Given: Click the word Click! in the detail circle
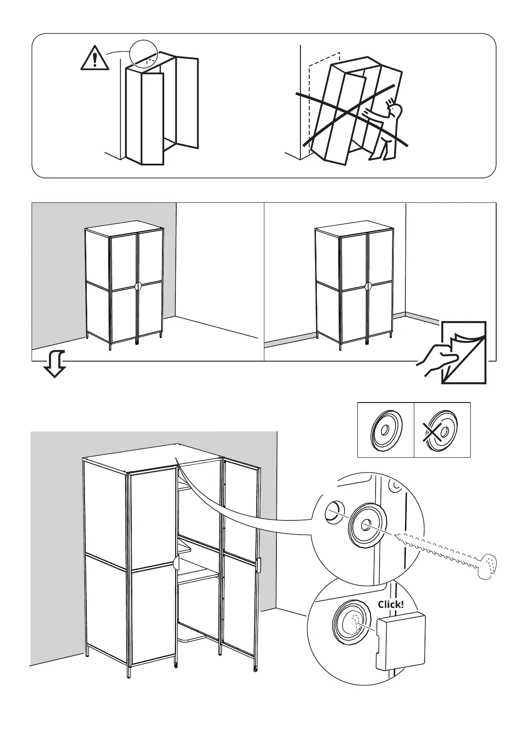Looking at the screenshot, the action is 391,604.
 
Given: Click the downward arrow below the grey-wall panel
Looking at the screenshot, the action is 55,363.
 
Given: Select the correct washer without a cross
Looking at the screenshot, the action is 386,431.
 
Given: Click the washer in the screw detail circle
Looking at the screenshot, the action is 368,525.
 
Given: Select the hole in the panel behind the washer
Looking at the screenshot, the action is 334,512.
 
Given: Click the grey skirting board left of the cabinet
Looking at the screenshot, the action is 289,339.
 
